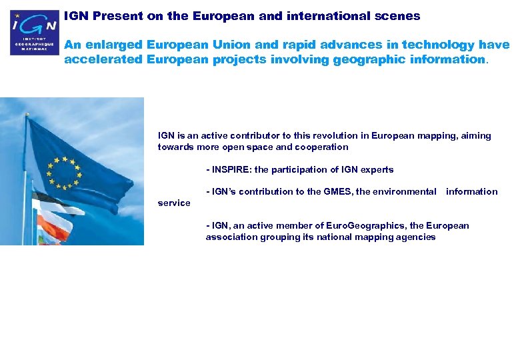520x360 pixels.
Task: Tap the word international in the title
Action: click(327, 15)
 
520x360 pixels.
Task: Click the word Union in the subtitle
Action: click(232, 45)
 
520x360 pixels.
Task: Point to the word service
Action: click(174, 203)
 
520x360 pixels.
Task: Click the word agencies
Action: click(417, 237)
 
